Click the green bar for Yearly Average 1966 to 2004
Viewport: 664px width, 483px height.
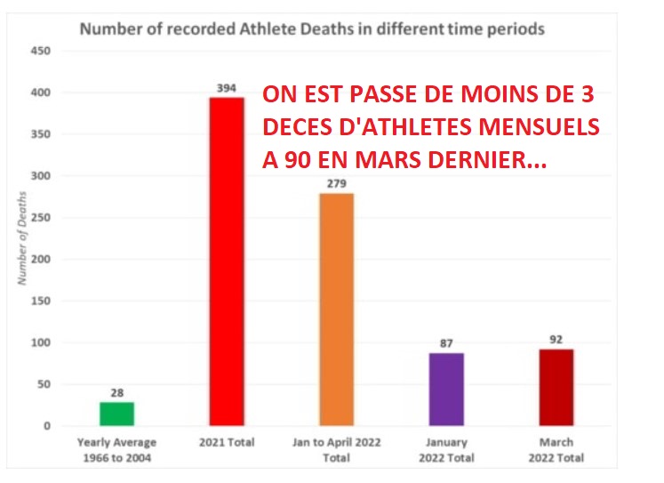(x=116, y=414)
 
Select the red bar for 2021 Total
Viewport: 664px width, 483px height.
(x=226, y=262)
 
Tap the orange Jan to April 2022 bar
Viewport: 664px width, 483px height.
(x=336, y=310)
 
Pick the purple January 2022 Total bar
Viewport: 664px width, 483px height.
(x=445, y=390)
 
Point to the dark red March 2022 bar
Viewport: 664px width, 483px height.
(x=556, y=387)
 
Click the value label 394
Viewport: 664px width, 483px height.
(x=226, y=89)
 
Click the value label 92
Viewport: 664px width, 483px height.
(x=556, y=340)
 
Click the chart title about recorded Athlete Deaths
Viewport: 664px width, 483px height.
(x=312, y=28)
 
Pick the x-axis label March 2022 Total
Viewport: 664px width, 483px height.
(x=556, y=448)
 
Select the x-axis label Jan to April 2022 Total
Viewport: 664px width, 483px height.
(x=336, y=448)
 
